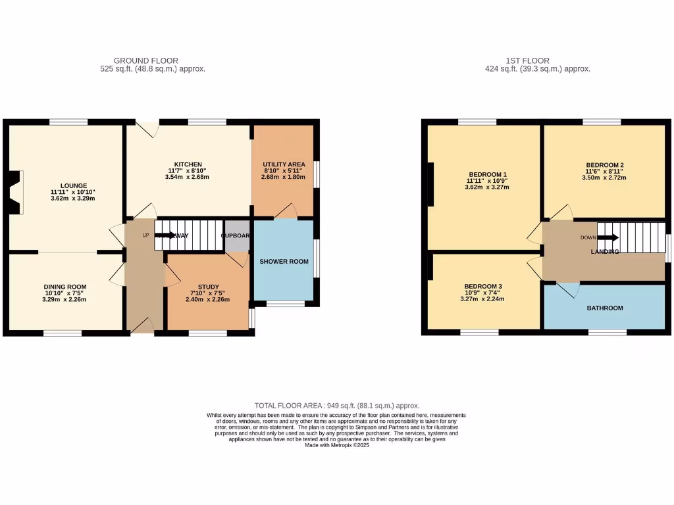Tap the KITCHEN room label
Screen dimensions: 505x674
(188, 164)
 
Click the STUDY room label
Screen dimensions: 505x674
(208, 287)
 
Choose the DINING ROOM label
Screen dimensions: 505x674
(65, 287)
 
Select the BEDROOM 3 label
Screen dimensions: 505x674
(483, 286)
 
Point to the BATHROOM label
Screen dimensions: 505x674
(604, 308)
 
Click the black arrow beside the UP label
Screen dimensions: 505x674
(165, 235)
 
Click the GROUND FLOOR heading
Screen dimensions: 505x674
(145, 60)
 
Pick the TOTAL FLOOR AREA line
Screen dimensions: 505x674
(336, 406)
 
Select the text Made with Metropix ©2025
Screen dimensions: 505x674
(336, 445)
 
